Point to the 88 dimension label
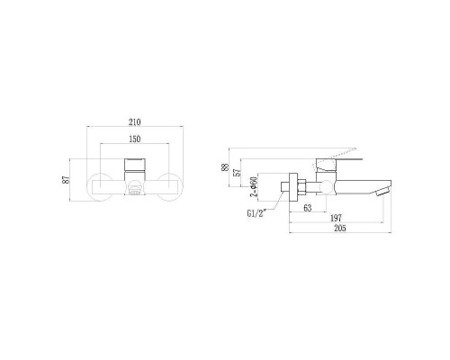click(x=225, y=166)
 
